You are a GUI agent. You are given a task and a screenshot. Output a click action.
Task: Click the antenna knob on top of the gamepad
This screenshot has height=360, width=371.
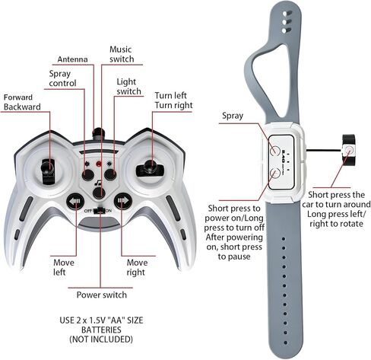[x=99, y=134]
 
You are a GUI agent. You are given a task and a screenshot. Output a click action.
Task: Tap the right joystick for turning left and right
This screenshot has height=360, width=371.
[x=151, y=168]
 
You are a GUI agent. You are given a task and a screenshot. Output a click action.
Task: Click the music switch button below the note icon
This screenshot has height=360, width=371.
[x=99, y=193]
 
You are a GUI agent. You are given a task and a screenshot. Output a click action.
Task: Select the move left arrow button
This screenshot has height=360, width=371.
[x=75, y=202]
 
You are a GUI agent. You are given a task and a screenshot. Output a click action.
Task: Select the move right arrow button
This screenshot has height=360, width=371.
[x=123, y=202]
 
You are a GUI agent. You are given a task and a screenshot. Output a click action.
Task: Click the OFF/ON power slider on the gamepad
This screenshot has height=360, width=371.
[x=99, y=211]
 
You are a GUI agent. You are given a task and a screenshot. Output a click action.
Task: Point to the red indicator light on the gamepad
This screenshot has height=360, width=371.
[x=99, y=164]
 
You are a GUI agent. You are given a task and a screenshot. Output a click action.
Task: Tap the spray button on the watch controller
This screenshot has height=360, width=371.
[x=274, y=150]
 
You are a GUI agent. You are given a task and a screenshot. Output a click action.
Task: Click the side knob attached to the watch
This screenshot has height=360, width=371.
[x=349, y=150]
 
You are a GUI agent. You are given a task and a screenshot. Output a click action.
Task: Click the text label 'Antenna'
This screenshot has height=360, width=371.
[x=72, y=59]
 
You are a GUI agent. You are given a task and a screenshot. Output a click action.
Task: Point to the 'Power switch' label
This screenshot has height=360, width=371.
[x=102, y=295]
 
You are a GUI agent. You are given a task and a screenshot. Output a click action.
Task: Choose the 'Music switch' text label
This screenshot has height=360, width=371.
[x=122, y=54]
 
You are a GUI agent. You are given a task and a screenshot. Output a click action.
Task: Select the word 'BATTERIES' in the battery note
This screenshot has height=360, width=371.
[x=101, y=330]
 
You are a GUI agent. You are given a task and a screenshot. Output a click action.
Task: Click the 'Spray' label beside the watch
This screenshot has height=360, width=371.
[x=233, y=116]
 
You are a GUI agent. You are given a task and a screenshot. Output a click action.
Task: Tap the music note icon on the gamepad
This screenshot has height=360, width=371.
[x=97, y=183]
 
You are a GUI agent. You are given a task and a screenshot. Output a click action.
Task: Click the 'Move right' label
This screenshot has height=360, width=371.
[x=137, y=267]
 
